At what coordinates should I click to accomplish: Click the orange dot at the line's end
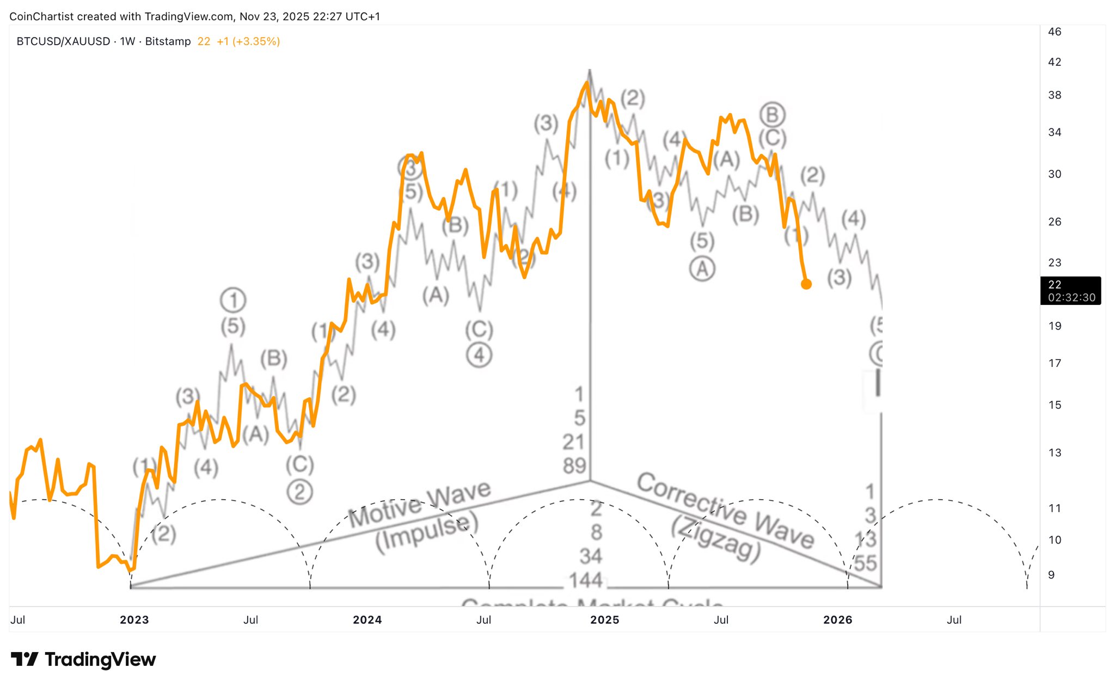tap(806, 284)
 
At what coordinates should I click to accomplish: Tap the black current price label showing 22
tap(1070, 290)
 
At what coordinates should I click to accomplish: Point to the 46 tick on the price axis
tap(1055, 32)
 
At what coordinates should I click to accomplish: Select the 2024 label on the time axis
tap(367, 619)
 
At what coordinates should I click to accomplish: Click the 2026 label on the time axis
tap(837, 619)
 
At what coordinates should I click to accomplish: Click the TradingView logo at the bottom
tap(83, 659)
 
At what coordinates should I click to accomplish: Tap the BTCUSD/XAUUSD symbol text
tap(63, 41)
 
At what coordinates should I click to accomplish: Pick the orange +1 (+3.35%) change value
tap(248, 41)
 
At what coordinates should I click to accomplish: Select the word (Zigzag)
tap(716, 539)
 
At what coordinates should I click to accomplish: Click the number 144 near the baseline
tap(586, 580)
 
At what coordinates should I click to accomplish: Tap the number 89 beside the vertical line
tap(574, 466)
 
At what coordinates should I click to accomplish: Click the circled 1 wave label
tap(233, 300)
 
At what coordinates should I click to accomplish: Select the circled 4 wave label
tap(479, 355)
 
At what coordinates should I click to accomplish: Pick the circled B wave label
tap(772, 115)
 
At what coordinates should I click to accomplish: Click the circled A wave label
tap(702, 269)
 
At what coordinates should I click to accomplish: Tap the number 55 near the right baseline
tap(866, 563)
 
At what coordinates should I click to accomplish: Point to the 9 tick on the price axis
tap(1051, 575)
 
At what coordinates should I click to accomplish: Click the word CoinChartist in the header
tap(41, 16)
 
